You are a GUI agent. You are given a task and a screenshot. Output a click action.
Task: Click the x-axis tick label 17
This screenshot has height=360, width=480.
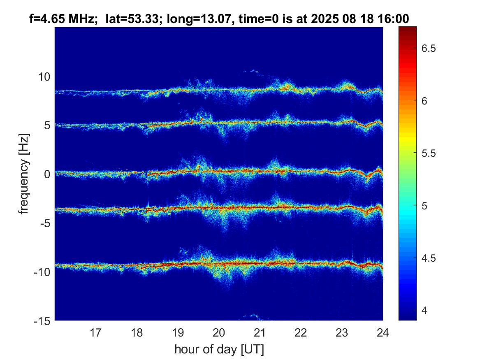point(96,332)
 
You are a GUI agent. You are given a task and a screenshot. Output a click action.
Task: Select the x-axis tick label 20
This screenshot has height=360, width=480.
point(219,332)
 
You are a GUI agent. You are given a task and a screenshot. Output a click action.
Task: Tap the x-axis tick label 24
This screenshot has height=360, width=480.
point(383,332)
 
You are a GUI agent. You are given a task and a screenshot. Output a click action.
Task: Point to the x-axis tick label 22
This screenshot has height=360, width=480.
point(301,332)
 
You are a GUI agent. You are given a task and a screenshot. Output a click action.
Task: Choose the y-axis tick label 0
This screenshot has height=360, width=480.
point(47,174)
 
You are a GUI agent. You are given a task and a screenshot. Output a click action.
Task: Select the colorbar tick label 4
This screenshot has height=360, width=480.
point(428,310)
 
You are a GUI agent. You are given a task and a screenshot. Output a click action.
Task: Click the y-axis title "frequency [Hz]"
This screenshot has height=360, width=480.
point(25,174)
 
